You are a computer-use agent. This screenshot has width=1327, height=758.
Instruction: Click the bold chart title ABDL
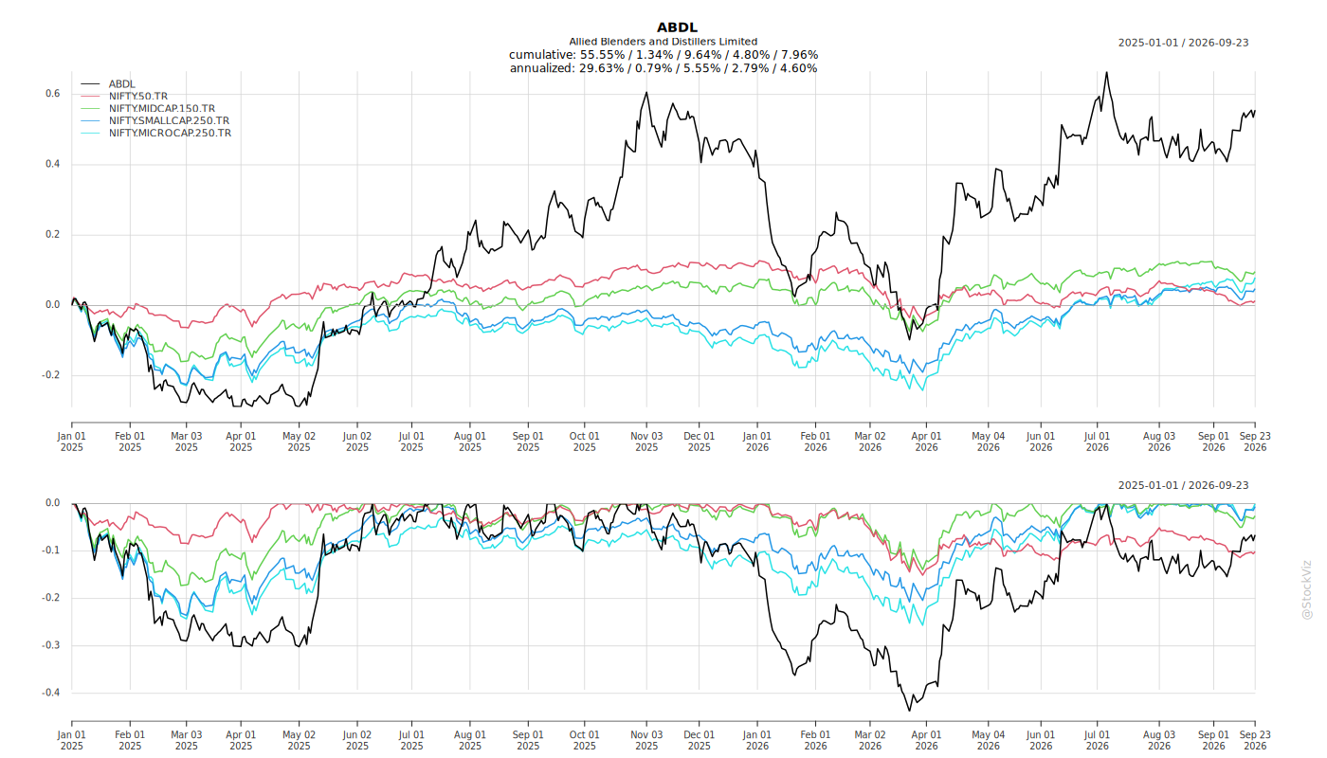pos(677,27)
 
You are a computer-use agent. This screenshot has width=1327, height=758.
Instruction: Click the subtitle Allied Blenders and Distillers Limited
pos(663,42)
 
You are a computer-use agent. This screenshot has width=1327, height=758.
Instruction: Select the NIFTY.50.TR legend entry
pos(138,96)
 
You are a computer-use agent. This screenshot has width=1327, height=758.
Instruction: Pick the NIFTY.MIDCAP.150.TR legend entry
pos(162,108)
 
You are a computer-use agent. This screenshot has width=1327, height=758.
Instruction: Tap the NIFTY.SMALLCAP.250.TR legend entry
pos(169,120)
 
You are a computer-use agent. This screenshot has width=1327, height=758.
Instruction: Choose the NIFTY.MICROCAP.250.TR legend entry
pos(170,133)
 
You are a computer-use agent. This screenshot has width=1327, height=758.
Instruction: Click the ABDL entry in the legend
pos(122,84)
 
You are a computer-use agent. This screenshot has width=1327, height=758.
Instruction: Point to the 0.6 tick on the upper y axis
pos(53,94)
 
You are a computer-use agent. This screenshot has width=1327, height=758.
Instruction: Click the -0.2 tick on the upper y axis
pos(51,375)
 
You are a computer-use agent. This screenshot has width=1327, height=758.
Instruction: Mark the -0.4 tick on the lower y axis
pos(51,693)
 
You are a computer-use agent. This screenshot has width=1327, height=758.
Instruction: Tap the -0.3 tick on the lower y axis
pos(51,645)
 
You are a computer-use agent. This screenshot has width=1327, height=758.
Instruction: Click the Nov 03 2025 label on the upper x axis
pos(646,442)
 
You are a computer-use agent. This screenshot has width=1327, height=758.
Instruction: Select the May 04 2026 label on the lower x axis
pos(988,740)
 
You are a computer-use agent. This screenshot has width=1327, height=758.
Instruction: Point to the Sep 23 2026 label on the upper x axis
pos(1255,442)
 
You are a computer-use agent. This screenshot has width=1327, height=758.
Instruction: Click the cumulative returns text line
pos(663,55)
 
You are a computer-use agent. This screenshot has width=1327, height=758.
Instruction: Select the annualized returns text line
pos(663,68)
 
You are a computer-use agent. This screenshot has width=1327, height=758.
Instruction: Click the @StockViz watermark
pos(1306,589)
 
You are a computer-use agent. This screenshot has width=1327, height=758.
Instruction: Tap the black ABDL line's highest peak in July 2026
pos(1106,73)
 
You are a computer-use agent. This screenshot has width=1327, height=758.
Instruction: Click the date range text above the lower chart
pos(1183,485)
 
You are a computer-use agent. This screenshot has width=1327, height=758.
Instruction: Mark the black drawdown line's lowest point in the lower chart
pos(909,710)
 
